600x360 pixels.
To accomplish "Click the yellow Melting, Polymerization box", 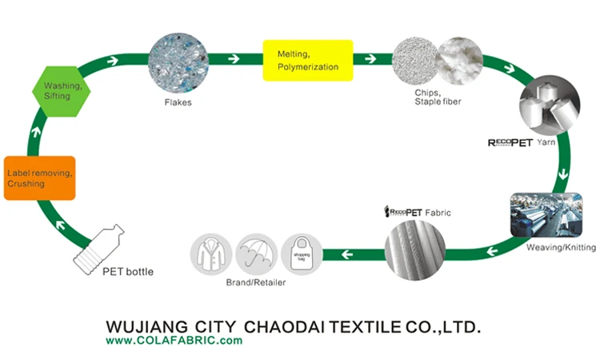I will [x=308, y=60].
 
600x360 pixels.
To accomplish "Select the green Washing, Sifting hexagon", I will [x=59, y=90].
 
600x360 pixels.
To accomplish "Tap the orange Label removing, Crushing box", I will [x=39, y=178].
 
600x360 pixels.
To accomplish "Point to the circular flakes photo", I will [x=179, y=62].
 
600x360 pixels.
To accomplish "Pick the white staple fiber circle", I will [x=460, y=62].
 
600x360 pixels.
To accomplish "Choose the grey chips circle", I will [x=415, y=62].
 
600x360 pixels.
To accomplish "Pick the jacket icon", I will [x=210, y=254].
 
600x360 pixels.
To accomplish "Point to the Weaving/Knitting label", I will [x=561, y=248].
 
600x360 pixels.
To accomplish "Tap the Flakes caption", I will [x=178, y=102].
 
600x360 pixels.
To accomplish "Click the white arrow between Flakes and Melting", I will [x=234, y=58].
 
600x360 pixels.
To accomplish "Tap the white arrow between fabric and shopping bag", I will [x=347, y=255].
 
